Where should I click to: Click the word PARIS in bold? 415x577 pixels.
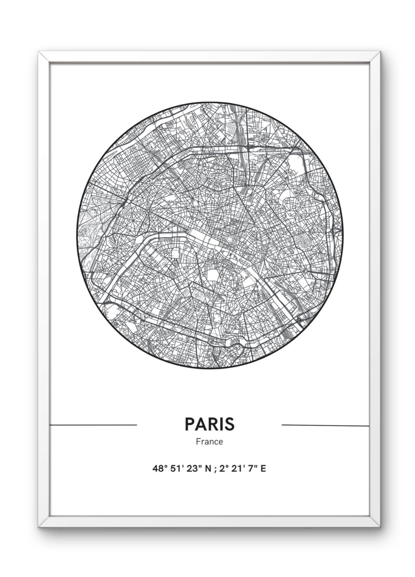click(x=209, y=424)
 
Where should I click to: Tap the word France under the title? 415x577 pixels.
click(x=209, y=442)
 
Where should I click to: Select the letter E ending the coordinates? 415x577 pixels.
click(x=263, y=469)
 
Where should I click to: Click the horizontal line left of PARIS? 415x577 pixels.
click(x=93, y=425)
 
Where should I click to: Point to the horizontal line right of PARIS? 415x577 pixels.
click(x=325, y=425)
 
